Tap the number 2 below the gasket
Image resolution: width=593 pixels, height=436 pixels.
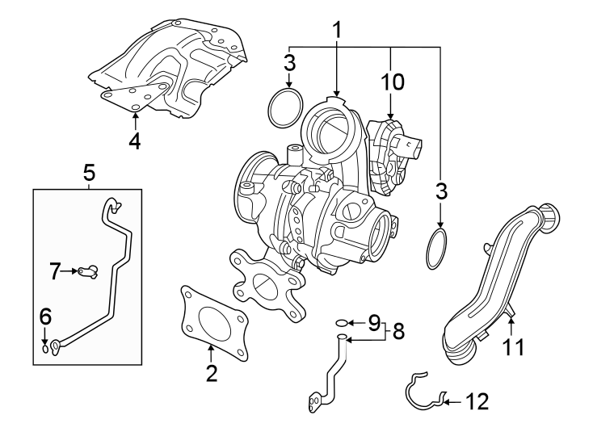(x=211, y=373)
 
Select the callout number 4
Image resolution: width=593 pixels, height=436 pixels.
(x=135, y=140)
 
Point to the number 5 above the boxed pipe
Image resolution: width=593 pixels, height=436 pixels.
(x=88, y=172)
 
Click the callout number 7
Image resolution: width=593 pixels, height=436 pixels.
(x=55, y=271)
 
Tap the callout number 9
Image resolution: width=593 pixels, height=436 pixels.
(x=373, y=323)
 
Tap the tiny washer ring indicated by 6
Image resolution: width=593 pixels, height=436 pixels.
(x=46, y=349)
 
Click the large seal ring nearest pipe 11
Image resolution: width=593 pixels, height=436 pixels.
(x=437, y=249)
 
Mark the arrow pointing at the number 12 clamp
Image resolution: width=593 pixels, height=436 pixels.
(x=451, y=400)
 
